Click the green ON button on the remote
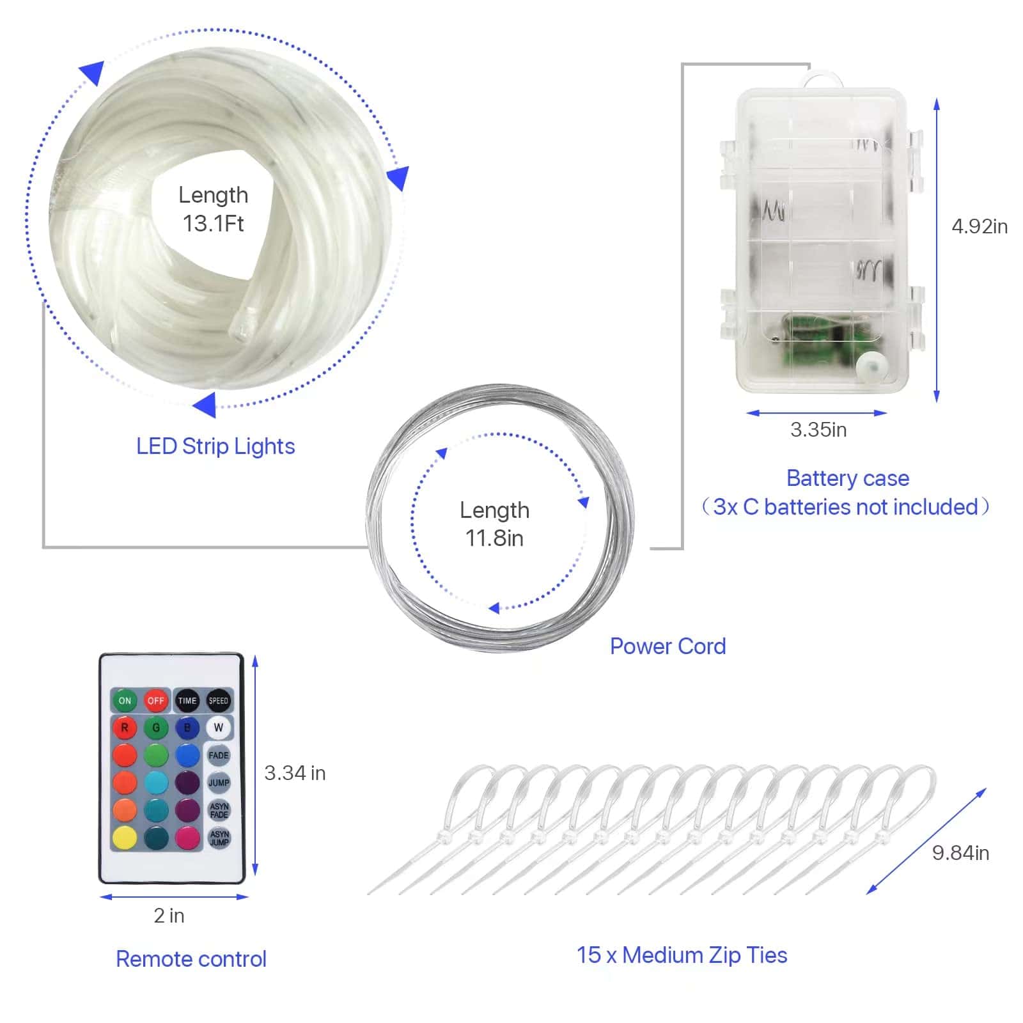[125, 701]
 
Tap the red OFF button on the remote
[155, 701]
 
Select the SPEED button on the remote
[218, 701]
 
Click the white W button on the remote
[219, 728]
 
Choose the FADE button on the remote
[219, 755]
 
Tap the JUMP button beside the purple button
[219, 783]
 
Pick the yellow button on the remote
[125, 837]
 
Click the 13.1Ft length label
[213, 223]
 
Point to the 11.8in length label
[494, 538]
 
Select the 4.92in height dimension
[980, 226]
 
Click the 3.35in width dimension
[818, 430]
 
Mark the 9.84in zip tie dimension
[960, 853]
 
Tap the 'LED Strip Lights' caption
[215, 446]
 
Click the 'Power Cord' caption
[668, 646]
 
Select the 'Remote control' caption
[191, 959]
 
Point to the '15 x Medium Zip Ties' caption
[682, 955]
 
